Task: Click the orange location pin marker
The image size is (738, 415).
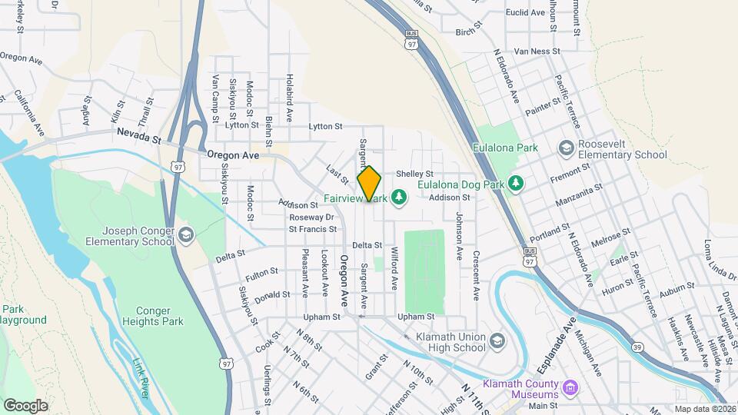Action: coord(369,183)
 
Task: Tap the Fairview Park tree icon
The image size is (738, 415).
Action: coord(398,198)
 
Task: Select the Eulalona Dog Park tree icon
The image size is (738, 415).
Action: coord(518,184)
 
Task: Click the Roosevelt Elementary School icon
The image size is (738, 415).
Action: coord(567,148)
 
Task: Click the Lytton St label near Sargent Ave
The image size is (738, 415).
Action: coord(324,126)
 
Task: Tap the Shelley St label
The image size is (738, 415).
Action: coord(415,174)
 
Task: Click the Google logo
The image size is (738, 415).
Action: coord(25,405)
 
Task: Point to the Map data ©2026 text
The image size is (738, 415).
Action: coord(703,409)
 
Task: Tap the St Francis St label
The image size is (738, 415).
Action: coord(313,228)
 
